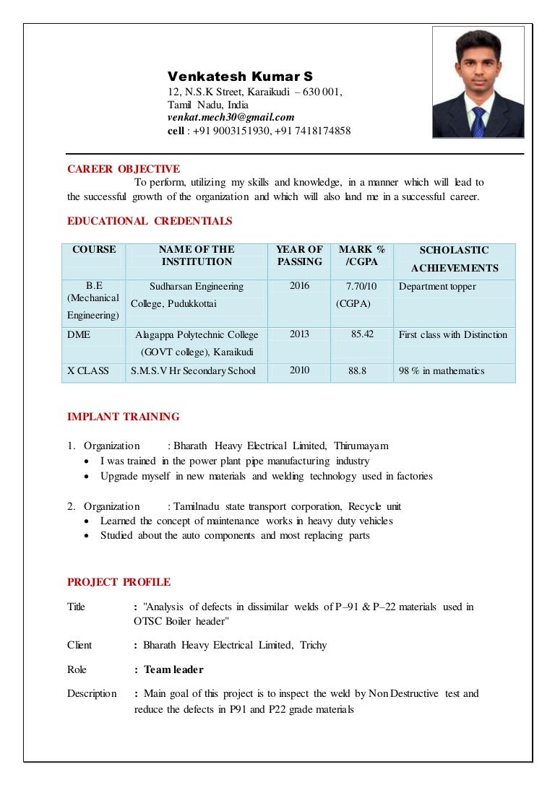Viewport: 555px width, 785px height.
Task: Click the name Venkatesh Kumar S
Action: [240, 77]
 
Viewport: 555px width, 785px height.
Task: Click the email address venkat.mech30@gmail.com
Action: [231, 118]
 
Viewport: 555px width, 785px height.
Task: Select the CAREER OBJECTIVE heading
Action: [123, 169]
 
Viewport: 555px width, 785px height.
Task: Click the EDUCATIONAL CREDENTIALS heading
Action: [150, 221]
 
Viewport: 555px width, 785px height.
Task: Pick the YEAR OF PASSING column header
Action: [299, 256]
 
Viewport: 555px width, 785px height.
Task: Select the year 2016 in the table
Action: [299, 286]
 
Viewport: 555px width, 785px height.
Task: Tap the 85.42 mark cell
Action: [362, 334]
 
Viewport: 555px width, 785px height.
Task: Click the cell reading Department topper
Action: [437, 287]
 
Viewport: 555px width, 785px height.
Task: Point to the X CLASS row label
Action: [88, 370]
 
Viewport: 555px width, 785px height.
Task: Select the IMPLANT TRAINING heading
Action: [123, 417]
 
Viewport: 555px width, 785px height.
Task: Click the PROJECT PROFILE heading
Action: [119, 582]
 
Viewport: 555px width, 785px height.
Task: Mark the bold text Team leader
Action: [173, 669]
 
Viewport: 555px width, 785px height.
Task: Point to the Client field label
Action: [79, 645]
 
